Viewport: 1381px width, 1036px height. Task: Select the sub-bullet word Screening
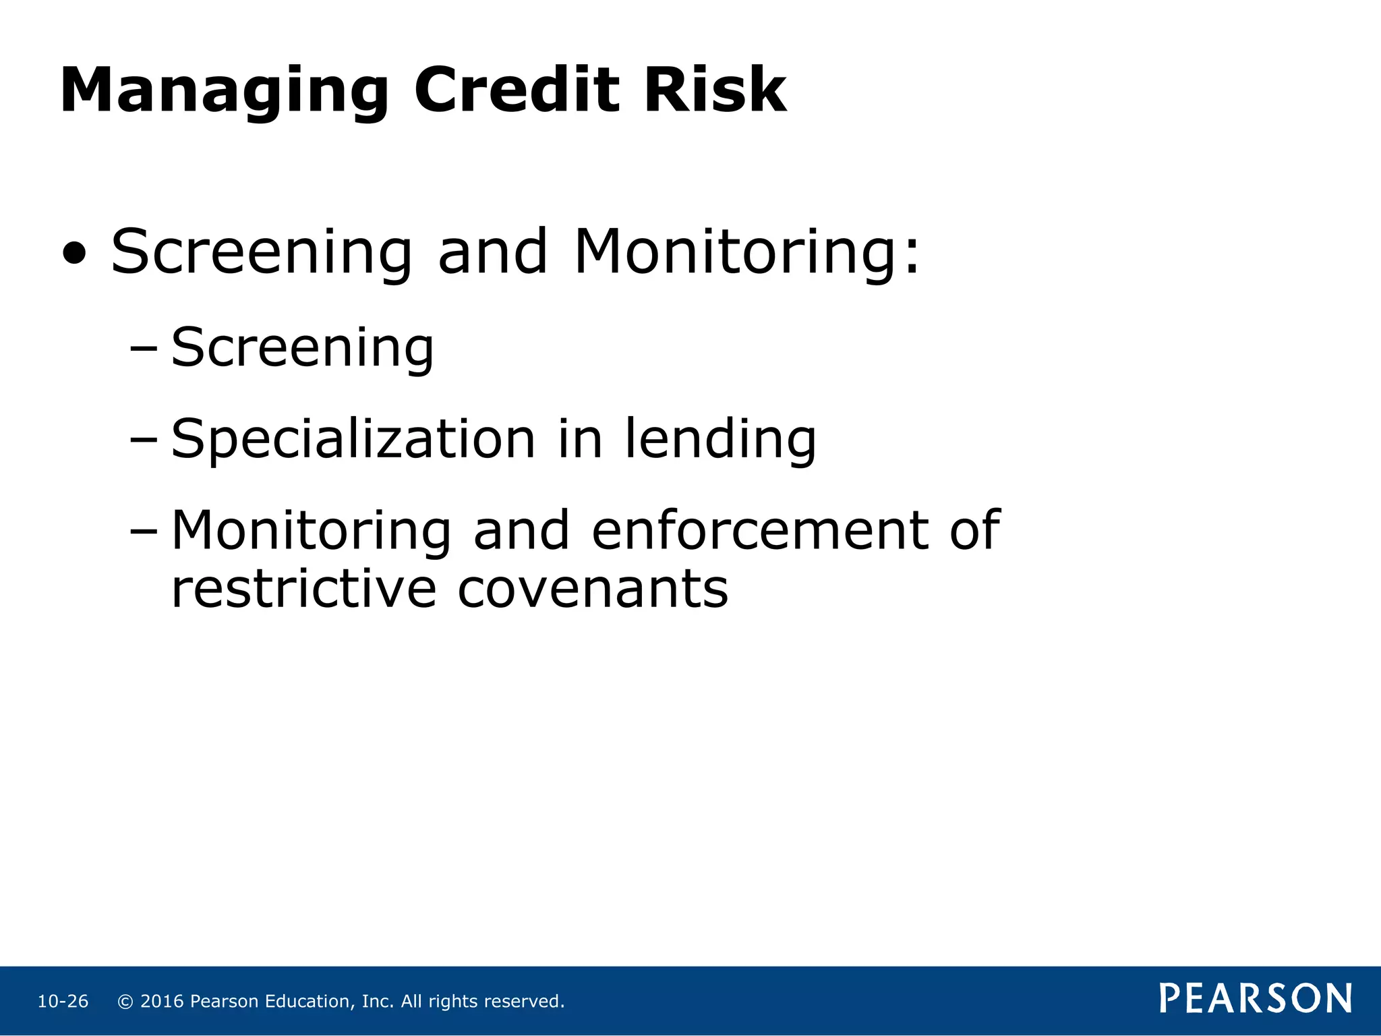[x=302, y=349]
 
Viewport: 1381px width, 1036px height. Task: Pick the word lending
[x=720, y=440]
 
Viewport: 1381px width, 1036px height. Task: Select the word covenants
[x=593, y=589]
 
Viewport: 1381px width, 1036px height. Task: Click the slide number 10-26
[x=63, y=1002]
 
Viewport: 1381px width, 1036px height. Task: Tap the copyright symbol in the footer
[x=125, y=1002]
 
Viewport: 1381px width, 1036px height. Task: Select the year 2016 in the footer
[x=162, y=1002]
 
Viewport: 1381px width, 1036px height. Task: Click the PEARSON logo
[x=1256, y=998]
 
